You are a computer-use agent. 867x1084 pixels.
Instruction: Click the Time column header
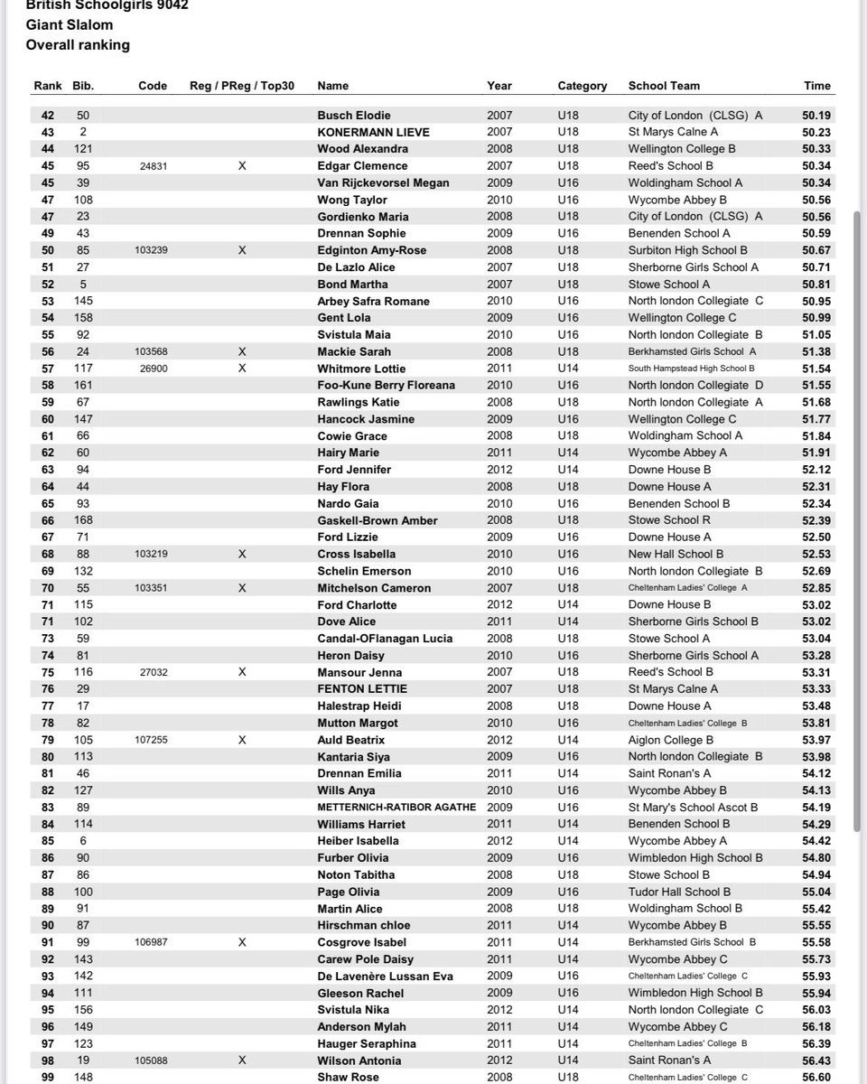coord(816,86)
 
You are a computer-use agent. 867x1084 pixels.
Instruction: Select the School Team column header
coord(664,86)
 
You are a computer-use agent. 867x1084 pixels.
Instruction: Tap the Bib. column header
coord(83,86)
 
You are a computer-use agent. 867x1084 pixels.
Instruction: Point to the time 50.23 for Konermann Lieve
coord(816,132)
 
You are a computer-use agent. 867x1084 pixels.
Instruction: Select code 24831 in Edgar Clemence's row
coord(153,166)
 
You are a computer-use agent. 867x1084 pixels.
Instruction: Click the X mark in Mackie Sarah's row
coord(241,351)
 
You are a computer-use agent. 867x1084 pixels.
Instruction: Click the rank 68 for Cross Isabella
coord(48,554)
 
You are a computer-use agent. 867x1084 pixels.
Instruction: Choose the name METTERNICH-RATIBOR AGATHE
coord(396,808)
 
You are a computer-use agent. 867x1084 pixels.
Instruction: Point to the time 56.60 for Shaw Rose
coord(816,1077)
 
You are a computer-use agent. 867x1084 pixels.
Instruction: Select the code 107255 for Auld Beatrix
coord(153,740)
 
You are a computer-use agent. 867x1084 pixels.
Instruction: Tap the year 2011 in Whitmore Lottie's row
coord(499,369)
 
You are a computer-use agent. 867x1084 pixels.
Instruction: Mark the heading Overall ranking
coord(78,44)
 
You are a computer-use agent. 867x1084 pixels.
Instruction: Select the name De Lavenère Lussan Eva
coord(385,977)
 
